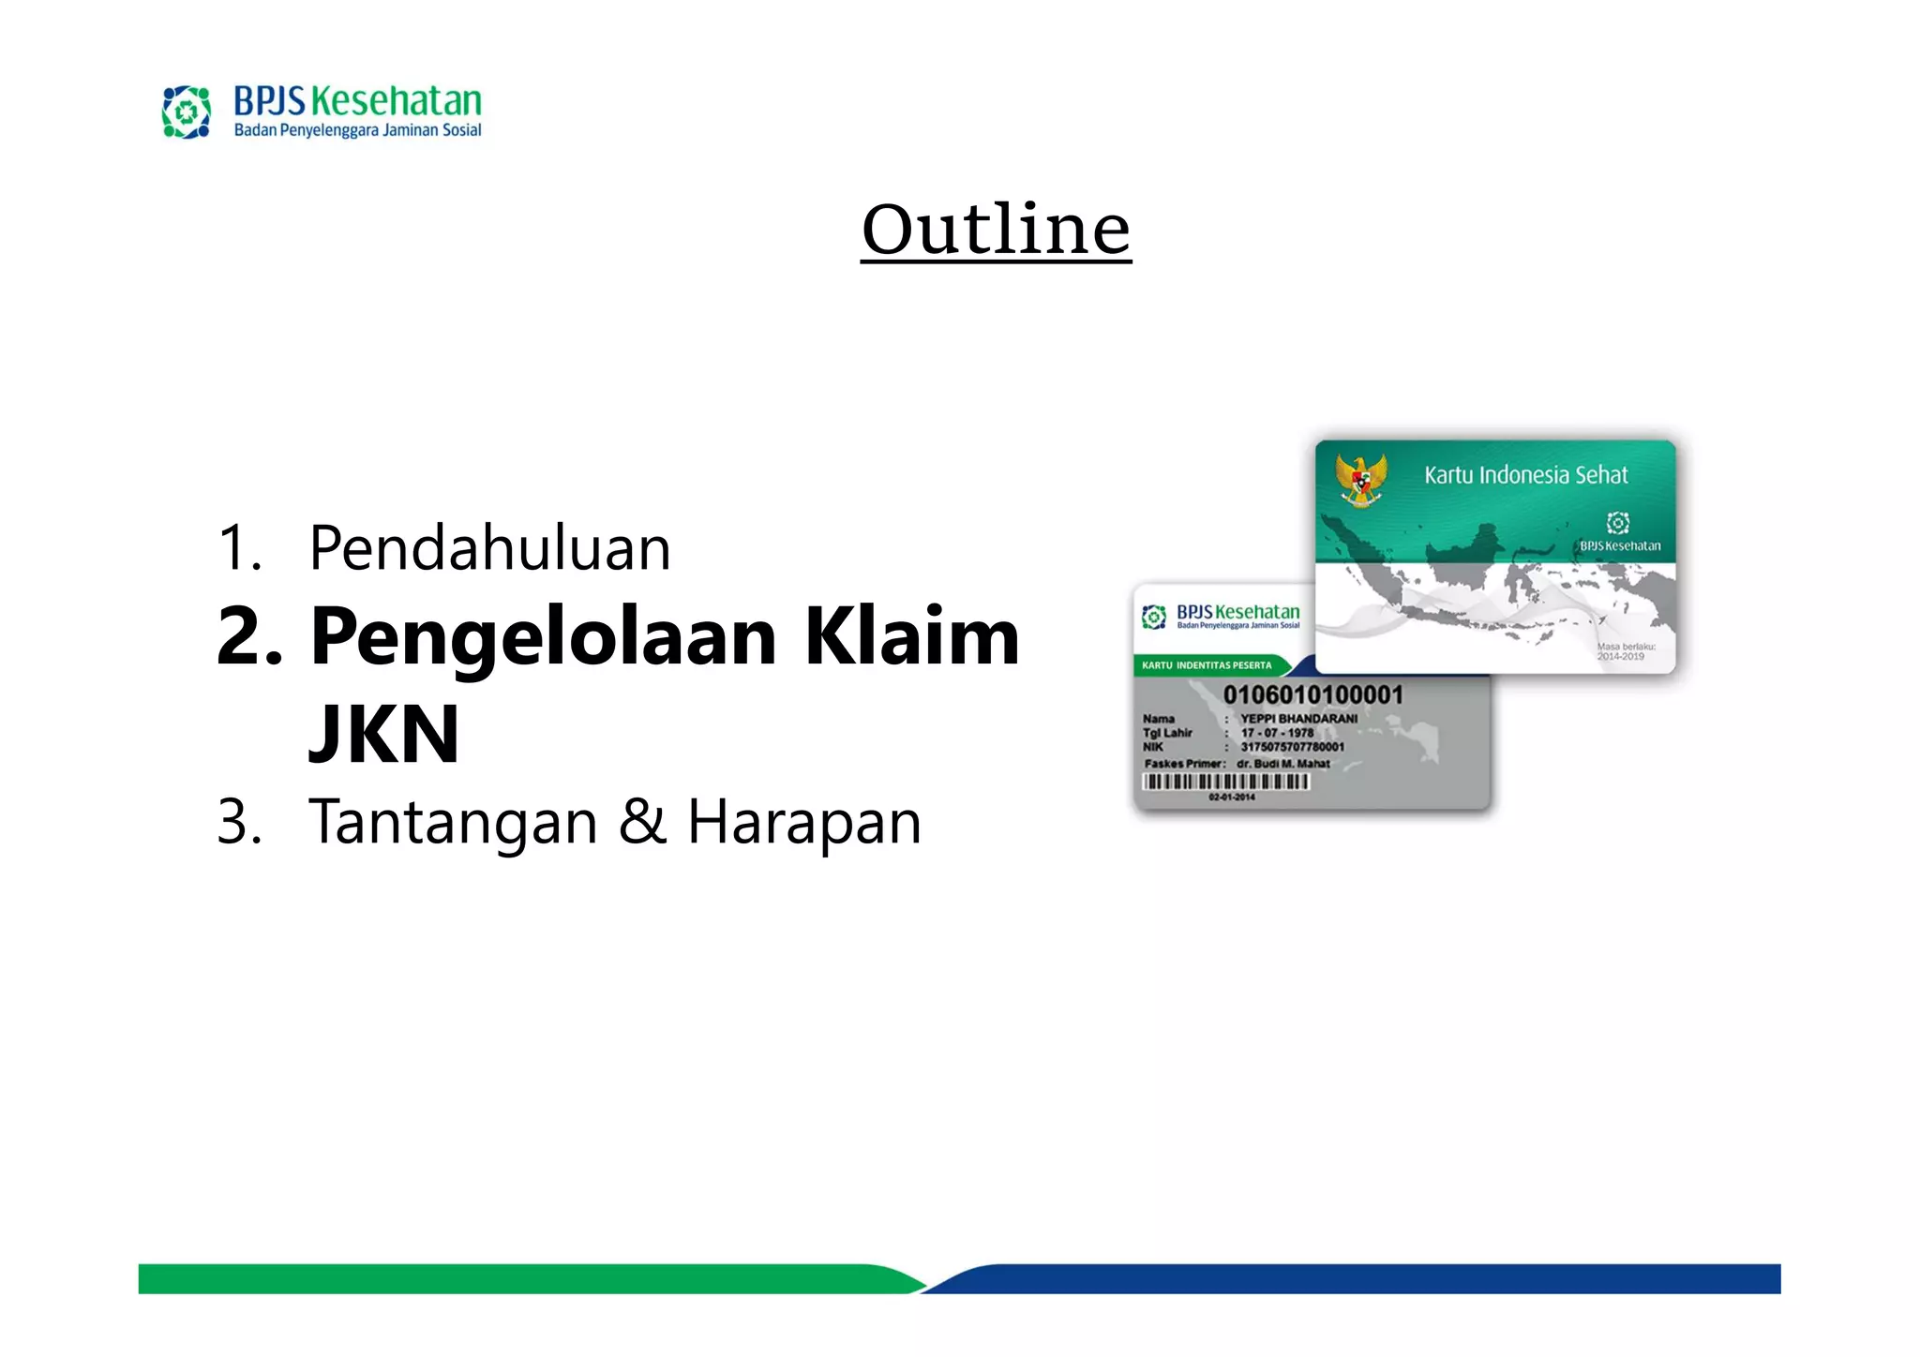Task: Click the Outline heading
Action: click(x=996, y=230)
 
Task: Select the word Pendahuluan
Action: click(x=489, y=548)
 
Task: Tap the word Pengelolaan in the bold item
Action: click(x=544, y=637)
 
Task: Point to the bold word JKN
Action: click(x=384, y=735)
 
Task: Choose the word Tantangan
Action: click(x=453, y=822)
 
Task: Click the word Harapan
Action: click(x=804, y=822)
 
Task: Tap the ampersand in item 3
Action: click(x=643, y=822)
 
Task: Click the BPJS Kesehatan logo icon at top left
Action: click(x=187, y=112)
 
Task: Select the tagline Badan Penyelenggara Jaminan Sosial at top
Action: click(x=357, y=130)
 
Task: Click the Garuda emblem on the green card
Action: click(x=1361, y=479)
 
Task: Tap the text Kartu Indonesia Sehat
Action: click(x=1525, y=475)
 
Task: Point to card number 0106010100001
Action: click(x=1312, y=695)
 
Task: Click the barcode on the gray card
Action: click(x=1225, y=782)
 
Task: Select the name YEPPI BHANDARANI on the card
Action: click(x=1298, y=719)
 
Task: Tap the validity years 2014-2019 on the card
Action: click(x=1621, y=656)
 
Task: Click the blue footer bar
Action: click(x=1359, y=1278)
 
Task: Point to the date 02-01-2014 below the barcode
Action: click(x=1232, y=798)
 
